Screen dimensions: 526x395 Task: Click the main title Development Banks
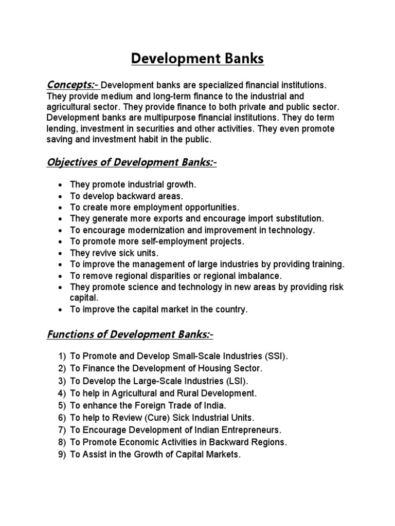point(197,59)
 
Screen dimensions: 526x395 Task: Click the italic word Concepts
point(71,84)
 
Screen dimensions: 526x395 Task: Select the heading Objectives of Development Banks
point(131,163)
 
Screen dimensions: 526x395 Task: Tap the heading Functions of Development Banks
point(130,335)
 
